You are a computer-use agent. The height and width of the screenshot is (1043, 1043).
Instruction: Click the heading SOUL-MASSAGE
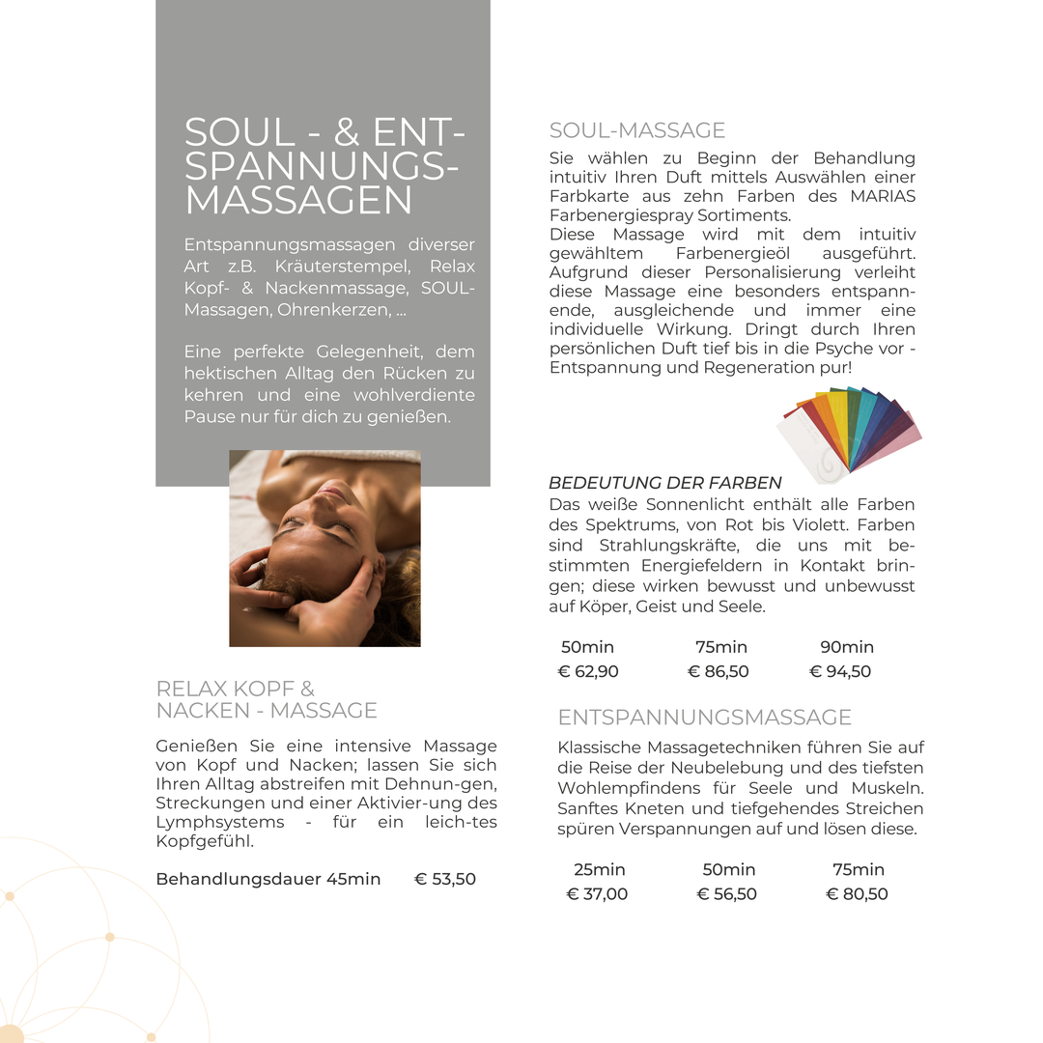point(636,130)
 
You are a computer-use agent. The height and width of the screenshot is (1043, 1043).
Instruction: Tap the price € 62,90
point(588,671)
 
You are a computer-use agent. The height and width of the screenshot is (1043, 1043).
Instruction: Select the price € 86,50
point(718,671)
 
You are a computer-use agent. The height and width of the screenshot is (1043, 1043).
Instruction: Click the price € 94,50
point(840,671)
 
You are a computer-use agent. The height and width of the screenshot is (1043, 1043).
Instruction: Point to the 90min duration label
point(846,647)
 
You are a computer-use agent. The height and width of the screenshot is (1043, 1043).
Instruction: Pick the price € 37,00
point(597,893)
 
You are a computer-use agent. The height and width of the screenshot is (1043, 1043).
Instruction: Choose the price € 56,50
point(726,893)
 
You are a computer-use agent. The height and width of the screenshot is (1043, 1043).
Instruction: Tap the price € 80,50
point(857,893)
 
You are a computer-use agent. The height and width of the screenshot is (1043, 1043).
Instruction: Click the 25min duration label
point(600,869)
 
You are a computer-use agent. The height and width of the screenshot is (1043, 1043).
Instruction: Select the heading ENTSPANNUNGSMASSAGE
point(705,717)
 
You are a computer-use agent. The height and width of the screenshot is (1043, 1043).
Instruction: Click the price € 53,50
point(445,879)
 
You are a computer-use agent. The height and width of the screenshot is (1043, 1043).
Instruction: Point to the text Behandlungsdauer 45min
point(268,879)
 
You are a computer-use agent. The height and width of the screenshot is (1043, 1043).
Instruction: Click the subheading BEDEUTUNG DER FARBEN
point(665,483)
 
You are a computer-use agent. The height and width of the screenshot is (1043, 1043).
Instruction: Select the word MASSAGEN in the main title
point(297,201)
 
